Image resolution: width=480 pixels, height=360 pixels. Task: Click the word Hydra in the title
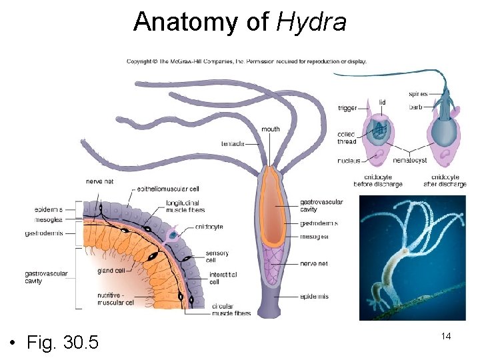pos(311,22)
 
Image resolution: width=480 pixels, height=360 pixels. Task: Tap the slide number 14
pos(446,336)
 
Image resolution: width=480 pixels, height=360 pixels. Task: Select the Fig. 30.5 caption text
pos(63,343)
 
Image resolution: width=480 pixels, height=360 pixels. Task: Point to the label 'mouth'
pos(271,129)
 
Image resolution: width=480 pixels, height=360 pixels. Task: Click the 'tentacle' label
pos(233,144)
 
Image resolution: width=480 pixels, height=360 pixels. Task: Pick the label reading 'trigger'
pos(347,108)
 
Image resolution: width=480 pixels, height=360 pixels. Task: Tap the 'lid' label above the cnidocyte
pos(382,102)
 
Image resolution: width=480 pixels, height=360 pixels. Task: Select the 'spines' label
pos(418,94)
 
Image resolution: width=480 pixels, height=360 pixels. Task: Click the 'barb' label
pos(415,106)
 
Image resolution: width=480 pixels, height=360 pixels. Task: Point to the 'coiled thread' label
pos(347,138)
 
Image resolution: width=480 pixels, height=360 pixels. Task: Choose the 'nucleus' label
pos(349,161)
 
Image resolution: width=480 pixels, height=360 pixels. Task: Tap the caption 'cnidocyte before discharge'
pos(379,181)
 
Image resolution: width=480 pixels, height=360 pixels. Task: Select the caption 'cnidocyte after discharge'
pos(445,181)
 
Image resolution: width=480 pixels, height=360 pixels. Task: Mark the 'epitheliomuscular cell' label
pos(168,189)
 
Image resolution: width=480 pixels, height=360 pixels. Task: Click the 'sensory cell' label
pos(217,257)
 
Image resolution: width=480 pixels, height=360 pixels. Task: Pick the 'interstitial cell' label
pos(223,278)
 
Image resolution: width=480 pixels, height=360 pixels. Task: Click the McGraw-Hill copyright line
pos(247,62)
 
